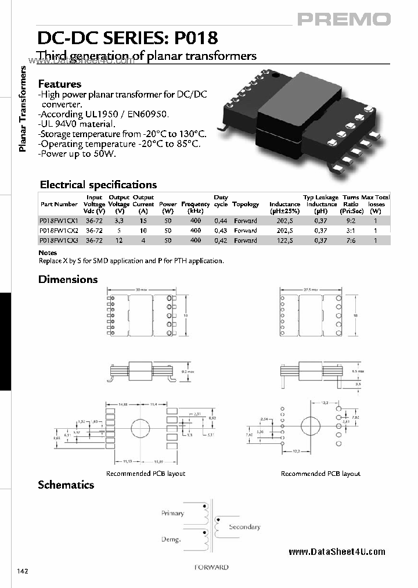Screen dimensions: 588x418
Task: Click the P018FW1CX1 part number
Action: (x=58, y=221)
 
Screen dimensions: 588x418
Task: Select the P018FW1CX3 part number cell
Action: (x=58, y=240)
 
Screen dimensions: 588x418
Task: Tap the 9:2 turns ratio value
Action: (x=351, y=221)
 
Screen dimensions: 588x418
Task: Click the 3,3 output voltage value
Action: (x=119, y=221)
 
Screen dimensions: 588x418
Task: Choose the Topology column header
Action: (x=246, y=205)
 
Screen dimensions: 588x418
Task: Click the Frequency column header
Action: (x=195, y=205)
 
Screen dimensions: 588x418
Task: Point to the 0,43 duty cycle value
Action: (x=221, y=231)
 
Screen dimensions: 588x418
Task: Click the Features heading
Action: (x=59, y=84)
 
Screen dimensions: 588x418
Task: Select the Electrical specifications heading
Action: (x=98, y=185)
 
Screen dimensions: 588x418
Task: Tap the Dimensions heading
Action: (x=68, y=279)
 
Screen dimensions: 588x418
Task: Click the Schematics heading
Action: (x=66, y=485)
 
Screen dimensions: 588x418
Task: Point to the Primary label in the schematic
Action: (x=172, y=513)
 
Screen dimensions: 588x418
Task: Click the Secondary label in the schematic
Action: (x=244, y=527)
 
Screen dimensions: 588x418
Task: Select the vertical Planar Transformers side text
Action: (x=23, y=109)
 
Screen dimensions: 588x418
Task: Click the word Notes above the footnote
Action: (x=48, y=253)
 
